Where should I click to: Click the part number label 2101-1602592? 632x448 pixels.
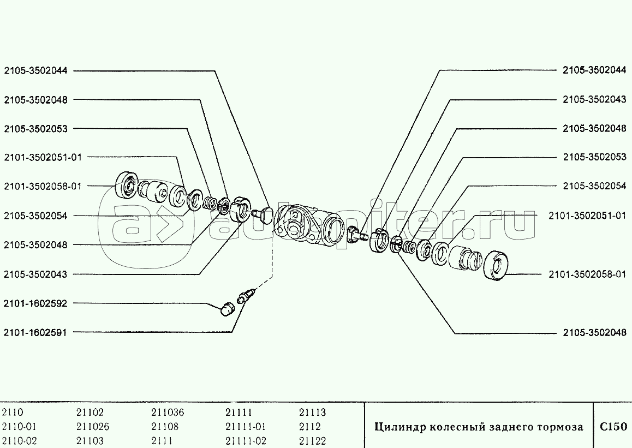[35, 303]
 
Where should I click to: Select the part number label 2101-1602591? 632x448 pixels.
[35, 332]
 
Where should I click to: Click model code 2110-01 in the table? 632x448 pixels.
[19, 427]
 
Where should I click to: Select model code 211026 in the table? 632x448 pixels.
[93, 427]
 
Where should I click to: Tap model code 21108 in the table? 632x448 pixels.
[165, 427]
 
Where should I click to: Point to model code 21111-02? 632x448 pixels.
[246, 441]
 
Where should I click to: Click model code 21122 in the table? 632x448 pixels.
[312, 441]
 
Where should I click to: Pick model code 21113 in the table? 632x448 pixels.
[312, 413]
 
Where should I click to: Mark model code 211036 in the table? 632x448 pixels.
[168, 413]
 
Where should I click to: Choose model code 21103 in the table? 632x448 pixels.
[90, 441]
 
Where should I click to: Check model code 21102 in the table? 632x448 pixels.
[90, 413]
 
